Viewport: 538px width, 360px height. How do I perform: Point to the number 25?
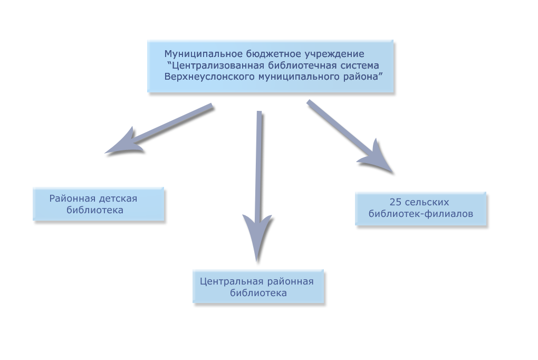tap(395, 202)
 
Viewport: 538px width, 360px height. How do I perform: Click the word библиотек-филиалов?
tap(421, 214)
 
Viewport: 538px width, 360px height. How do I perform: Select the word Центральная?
tap(232, 282)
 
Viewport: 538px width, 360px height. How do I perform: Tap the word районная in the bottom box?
tap(290, 282)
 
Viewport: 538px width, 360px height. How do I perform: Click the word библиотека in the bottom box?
tap(258, 293)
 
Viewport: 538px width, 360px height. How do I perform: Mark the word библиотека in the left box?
tap(95, 210)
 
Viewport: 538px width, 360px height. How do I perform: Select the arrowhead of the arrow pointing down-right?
tap(378, 158)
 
